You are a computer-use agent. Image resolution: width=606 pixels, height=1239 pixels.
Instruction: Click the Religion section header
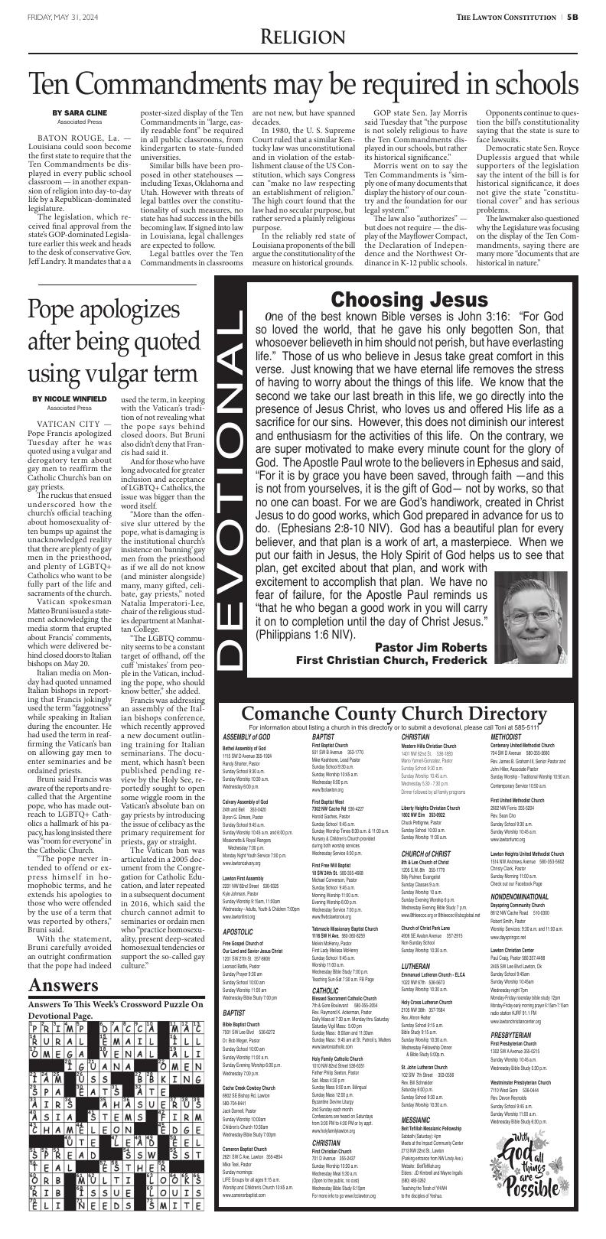pos(302,37)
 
